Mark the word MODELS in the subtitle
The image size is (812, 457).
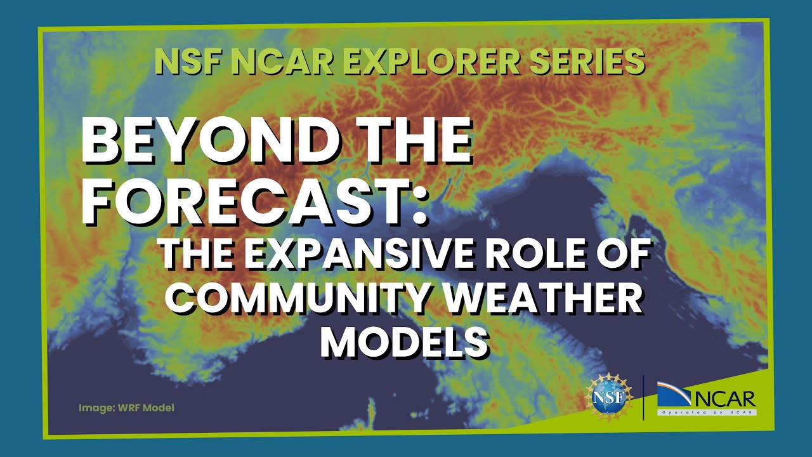point(405,343)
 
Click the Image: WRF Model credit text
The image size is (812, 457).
point(126,408)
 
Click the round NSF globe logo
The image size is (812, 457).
point(610,397)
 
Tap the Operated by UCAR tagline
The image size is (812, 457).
point(706,413)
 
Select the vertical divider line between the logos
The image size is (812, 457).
point(643,397)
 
